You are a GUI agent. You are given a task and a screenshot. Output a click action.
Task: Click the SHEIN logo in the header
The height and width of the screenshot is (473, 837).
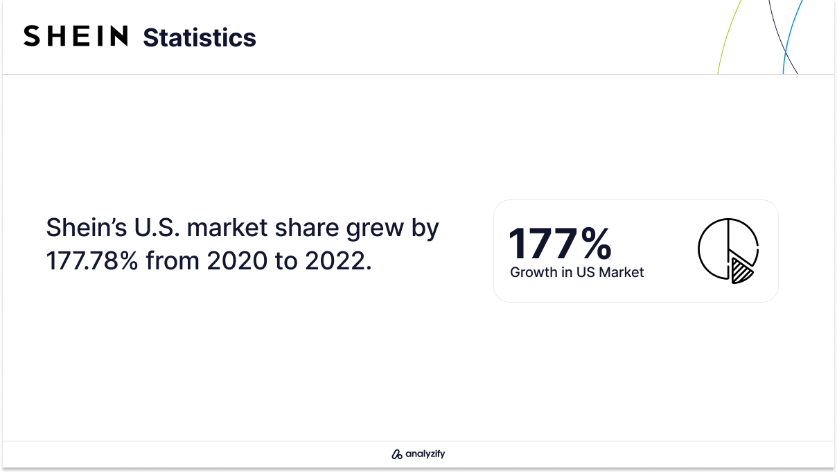pos(76,36)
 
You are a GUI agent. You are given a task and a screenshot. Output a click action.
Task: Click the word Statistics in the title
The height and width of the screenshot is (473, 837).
pos(200,37)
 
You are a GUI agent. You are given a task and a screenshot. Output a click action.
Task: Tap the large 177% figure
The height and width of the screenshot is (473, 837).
pos(560,243)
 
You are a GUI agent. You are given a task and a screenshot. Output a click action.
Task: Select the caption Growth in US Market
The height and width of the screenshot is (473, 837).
pos(577,272)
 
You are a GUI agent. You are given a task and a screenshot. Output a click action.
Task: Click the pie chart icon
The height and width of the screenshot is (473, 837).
pos(728,251)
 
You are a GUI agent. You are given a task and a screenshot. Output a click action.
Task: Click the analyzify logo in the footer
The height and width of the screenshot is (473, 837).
pos(418,454)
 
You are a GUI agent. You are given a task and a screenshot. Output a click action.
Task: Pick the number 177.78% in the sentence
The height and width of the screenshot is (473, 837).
pos(92,260)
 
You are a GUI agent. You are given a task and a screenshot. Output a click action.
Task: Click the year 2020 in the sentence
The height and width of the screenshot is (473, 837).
pos(237,260)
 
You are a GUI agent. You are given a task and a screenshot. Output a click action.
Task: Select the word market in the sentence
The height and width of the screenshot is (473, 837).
pos(227,228)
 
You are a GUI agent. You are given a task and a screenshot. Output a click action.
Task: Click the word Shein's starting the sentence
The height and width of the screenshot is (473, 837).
pos(87,228)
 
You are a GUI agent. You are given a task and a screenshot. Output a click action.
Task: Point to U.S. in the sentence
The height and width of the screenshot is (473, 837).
pos(157,228)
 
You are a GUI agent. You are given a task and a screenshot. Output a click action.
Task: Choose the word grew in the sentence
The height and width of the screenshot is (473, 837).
pos(375,229)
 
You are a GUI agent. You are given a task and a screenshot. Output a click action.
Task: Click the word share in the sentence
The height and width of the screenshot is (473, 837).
pos(307,228)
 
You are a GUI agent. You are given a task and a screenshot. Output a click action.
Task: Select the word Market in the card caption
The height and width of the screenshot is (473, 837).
pos(621,272)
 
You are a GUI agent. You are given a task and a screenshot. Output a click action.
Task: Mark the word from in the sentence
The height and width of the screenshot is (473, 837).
pos(173,260)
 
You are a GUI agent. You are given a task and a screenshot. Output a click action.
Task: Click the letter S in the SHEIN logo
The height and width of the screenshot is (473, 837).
pos(32,36)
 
